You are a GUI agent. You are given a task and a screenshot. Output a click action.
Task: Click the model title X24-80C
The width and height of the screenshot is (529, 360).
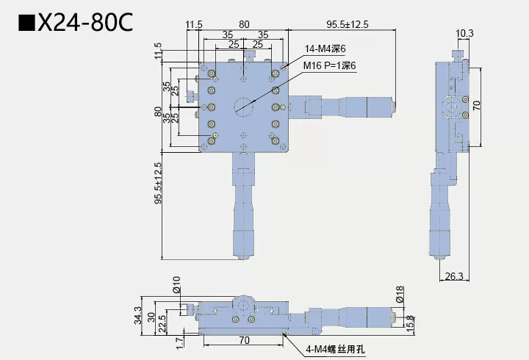84,23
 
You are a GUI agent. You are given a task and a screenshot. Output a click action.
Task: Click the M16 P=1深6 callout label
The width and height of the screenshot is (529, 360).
330,66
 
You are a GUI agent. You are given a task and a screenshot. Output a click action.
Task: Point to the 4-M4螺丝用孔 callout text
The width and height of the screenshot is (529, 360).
337,350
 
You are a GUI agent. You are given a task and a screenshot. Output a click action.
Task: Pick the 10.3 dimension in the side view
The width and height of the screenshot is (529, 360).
464,32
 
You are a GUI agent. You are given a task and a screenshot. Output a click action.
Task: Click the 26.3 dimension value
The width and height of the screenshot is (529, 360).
455,276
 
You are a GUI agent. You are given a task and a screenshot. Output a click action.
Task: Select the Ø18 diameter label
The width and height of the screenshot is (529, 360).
399,296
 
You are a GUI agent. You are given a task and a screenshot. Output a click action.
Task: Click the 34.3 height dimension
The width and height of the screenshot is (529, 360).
137,314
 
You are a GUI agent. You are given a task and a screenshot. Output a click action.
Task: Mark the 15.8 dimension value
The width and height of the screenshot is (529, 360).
410,321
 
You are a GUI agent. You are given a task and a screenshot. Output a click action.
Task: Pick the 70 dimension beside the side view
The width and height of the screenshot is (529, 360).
476,104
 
